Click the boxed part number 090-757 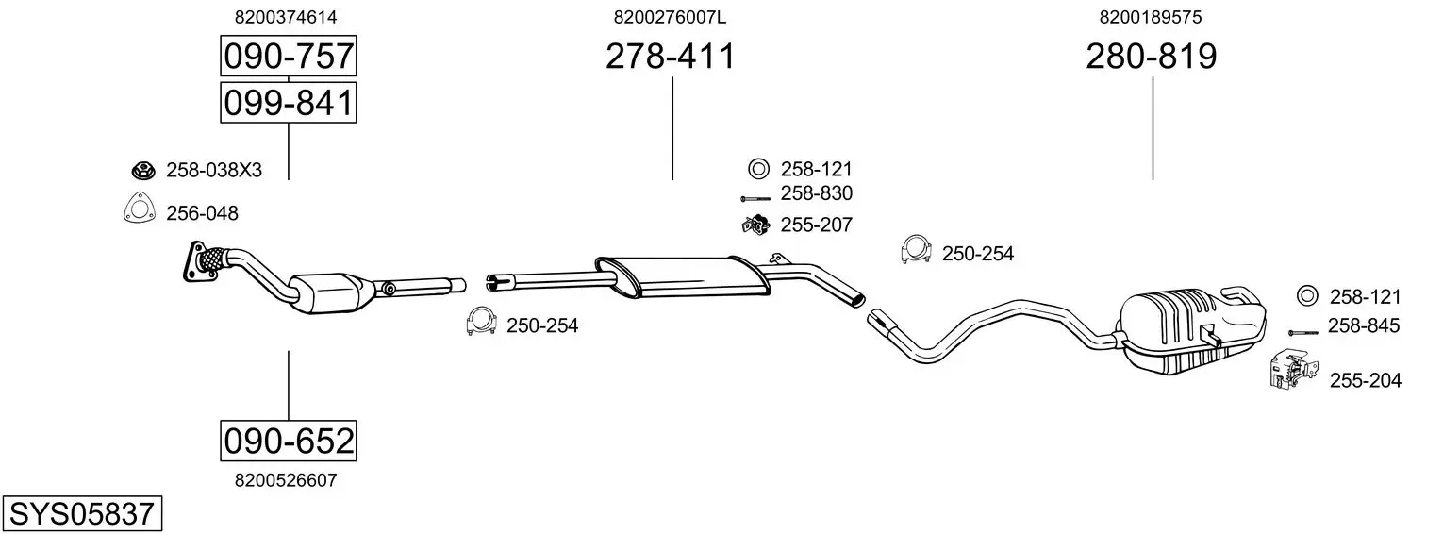click(288, 56)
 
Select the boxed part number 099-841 click(288, 103)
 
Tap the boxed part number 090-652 click(288, 441)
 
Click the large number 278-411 click(670, 56)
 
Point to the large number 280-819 click(1152, 56)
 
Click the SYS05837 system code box click(82, 514)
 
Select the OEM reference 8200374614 click(286, 17)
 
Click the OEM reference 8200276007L click(670, 17)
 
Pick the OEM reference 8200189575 click(1151, 17)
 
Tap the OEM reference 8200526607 click(286, 480)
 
